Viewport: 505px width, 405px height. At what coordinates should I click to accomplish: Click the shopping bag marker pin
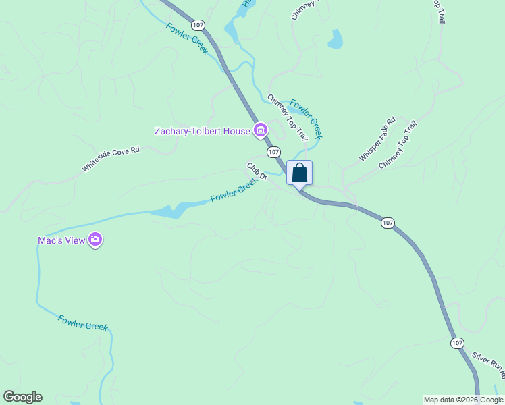(x=300, y=173)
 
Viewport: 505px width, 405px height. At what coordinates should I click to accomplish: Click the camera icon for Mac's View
(x=95, y=240)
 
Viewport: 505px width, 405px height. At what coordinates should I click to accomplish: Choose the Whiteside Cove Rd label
(x=111, y=159)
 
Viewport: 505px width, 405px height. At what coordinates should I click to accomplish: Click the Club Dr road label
(x=257, y=171)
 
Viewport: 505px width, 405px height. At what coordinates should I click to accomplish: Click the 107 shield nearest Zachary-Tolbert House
(x=273, y=152)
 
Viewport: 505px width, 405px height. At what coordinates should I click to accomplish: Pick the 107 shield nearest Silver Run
(x=458, y=343)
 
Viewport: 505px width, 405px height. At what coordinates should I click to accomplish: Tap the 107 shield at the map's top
(x=198, y=25)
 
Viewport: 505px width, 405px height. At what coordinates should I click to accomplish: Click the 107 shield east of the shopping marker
(x=388, y=222)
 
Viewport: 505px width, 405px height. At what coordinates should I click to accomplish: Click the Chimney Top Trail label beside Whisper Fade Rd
(x=398, y=145)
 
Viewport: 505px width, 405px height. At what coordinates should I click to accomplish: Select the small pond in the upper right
(x=335, y=40)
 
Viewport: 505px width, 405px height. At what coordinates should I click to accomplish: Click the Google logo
(x=22, y=397)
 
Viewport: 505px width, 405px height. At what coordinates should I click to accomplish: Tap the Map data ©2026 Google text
(x=464, y=400)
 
